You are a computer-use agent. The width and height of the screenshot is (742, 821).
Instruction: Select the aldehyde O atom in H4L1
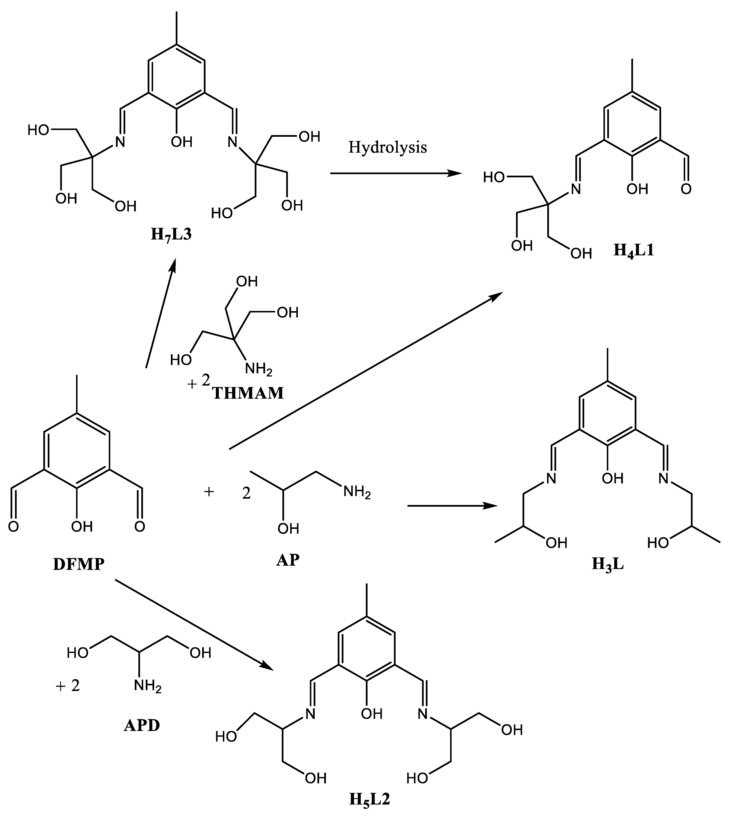tap(686, 189)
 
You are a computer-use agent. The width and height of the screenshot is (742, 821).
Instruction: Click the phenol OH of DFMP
tap(82, 527)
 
